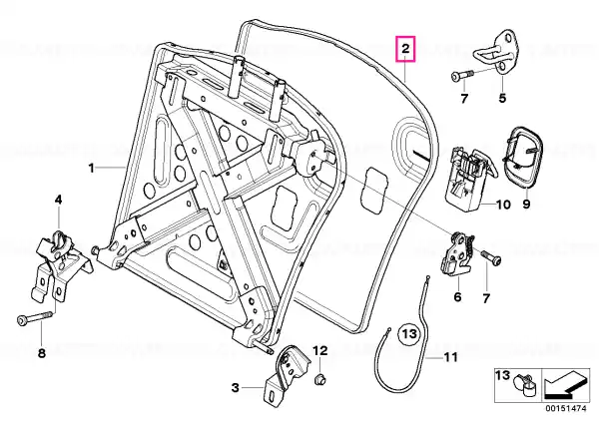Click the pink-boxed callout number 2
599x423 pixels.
click(405, 49)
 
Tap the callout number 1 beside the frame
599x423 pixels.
click(91, 168)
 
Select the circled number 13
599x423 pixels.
click(408, 334)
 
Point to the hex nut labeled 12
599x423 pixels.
click(319, 380)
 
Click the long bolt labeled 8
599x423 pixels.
click(35, 317)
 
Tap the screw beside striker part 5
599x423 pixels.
click(462, 75)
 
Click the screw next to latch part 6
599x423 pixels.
click(491, 257)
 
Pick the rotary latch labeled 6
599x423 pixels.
click(457, 253)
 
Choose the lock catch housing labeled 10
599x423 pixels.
click(469, 178)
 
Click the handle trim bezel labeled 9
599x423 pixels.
click(522, 158)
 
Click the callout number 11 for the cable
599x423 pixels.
click(450, 357)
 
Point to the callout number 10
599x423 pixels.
click(503, 205)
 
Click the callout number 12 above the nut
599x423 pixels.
click(320, 350)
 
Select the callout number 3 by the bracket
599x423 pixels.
click(236, 388)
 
